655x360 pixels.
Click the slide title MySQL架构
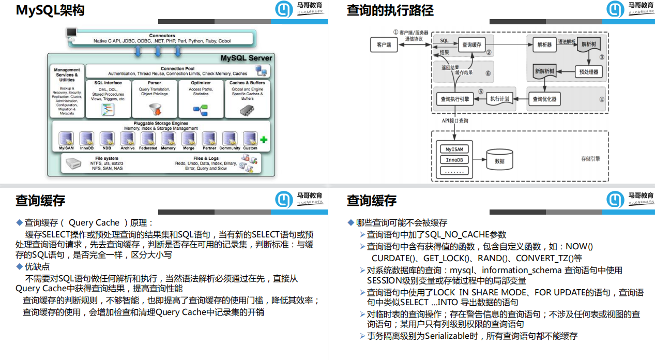(x=50, y=10)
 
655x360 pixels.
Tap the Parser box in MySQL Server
(x=155, y=98)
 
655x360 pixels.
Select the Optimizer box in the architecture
(x=201, y=98)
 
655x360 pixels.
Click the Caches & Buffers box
(x=247, y=98)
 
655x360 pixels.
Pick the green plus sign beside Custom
(x=264, y=140)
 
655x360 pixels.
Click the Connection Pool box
(x=178, y=71)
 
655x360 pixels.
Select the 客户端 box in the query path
(x=384, y=45)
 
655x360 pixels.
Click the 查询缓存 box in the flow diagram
(x=471, y=45)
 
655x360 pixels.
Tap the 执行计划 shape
(x=499, y=98)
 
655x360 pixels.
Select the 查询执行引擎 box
(x=454, y=98)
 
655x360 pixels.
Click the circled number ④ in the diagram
(x=602, y=100)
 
